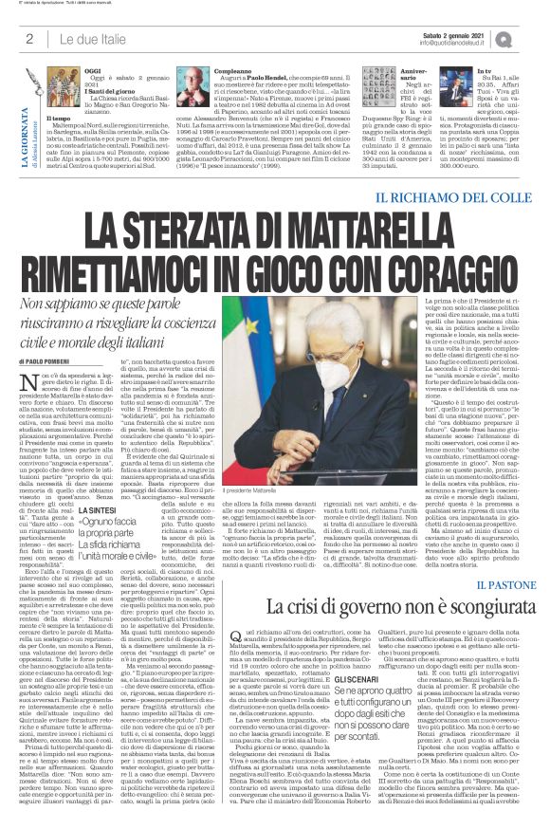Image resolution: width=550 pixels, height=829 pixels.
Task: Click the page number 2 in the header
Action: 29,39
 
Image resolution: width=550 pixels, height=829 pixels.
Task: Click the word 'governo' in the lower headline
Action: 357,605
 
